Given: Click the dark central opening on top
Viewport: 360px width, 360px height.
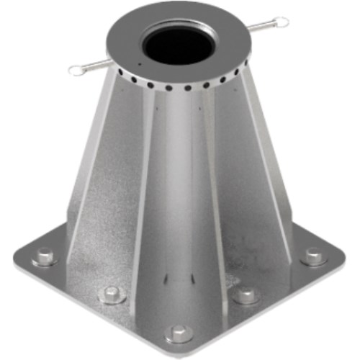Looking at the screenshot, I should point(178,45).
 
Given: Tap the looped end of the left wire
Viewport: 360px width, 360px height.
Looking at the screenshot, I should point(76,70).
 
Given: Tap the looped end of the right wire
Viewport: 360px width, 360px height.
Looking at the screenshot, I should point(282,22).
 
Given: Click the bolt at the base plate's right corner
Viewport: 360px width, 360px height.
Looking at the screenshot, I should point(314,255).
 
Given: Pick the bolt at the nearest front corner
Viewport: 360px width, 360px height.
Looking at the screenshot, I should point(179,333).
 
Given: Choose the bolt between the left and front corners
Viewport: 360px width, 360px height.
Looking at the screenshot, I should point(112,294).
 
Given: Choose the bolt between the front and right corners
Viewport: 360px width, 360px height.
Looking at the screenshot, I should point(246,294).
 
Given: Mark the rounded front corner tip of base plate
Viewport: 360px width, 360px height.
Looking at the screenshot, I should point(179,351).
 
